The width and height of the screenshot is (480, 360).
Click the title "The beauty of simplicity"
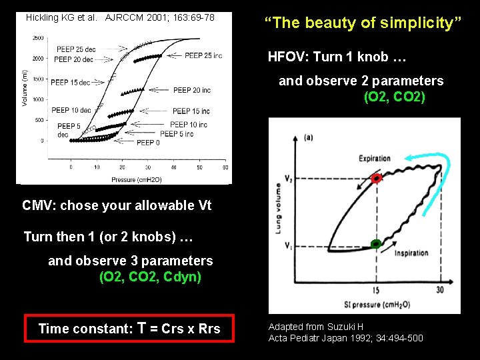[363, 23]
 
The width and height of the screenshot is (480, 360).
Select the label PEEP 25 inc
[203, 55]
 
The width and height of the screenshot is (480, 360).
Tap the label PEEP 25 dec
[76, 49]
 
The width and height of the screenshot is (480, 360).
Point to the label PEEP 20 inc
[192, 90]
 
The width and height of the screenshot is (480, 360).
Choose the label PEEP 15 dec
[70, 83]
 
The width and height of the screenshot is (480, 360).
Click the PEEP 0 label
[148, 143]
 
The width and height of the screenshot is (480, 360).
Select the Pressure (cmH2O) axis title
[137, 179]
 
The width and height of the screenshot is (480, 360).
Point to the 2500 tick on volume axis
[39, 38]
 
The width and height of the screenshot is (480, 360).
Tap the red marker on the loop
[377, 179]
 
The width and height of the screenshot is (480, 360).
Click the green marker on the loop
[376, 244]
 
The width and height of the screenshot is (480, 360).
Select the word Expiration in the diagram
[374, 158]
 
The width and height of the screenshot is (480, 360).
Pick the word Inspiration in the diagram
[411, 253]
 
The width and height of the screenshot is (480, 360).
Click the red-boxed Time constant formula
[129, 328]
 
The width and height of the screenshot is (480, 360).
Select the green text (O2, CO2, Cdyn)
[150, 277]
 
